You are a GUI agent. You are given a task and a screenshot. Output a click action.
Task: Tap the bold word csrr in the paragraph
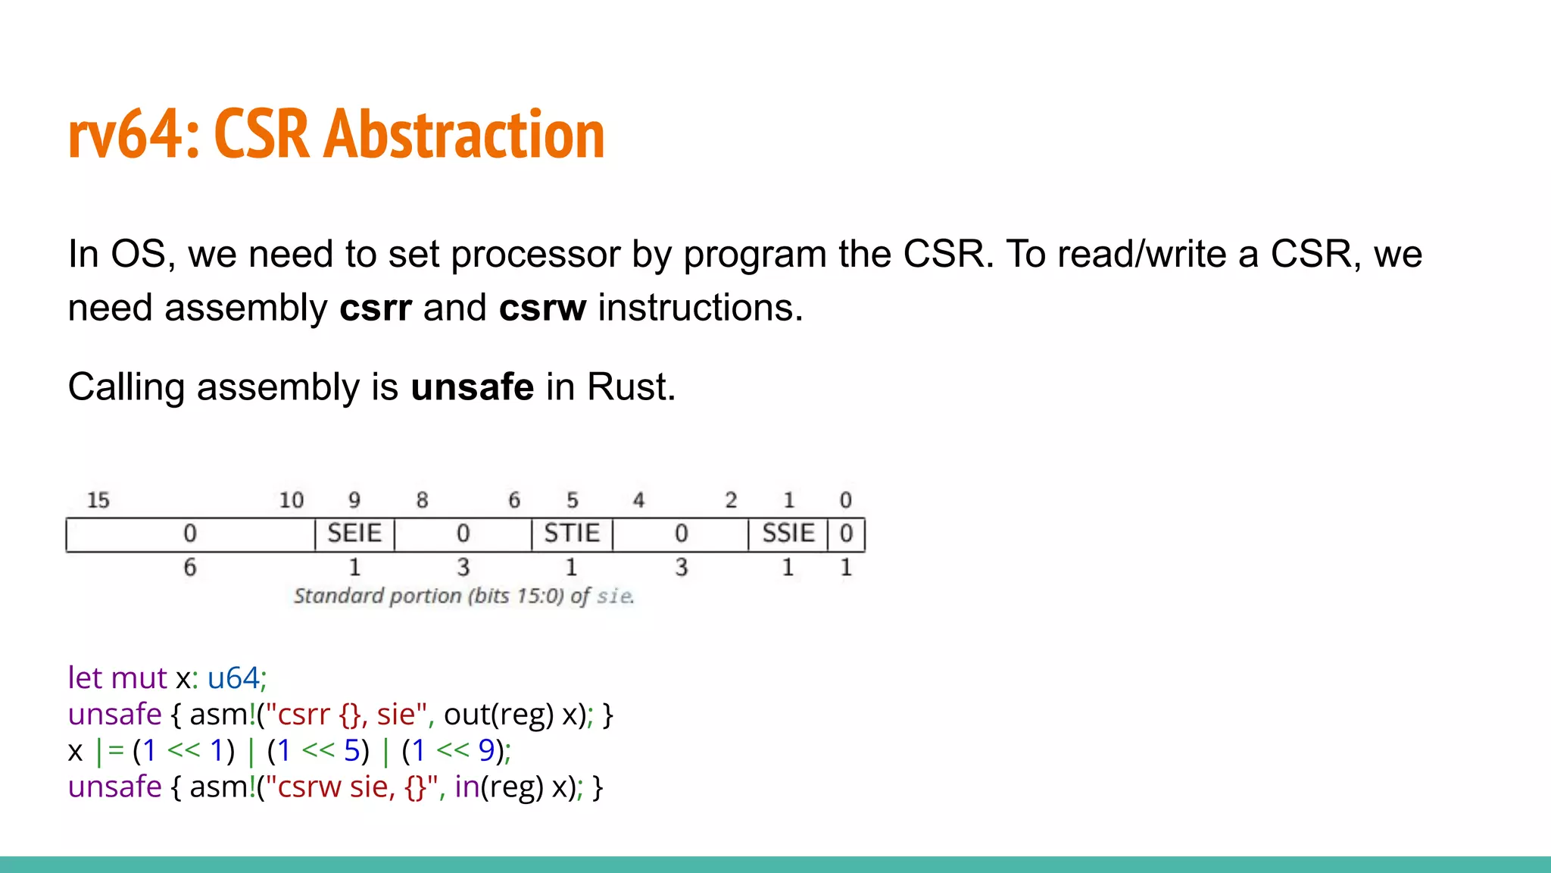pos(376,308)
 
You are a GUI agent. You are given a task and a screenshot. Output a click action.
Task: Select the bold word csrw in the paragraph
pos(542,308)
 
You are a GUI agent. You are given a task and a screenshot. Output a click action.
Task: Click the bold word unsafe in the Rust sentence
pos(472,387)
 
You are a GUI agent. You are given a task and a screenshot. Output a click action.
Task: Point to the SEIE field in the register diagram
pos(354,533)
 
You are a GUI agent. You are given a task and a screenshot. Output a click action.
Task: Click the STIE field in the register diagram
pos(572,533)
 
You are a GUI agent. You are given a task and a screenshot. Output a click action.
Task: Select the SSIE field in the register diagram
pos(788,533)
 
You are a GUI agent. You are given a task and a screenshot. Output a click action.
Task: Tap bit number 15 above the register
pos(98,500)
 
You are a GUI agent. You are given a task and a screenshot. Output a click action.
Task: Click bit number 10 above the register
pos(291,500)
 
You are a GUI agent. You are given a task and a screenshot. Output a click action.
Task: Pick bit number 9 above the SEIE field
pos(354,500)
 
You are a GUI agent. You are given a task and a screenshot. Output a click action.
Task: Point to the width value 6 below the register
pos(189,567)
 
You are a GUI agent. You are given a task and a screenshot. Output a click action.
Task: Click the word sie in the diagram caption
pos(613,596)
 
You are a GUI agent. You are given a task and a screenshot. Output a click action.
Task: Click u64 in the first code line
pos(233,677)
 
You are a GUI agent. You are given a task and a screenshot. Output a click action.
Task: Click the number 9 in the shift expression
pos(486,750)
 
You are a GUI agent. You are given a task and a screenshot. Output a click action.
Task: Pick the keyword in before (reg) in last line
pos(467,787)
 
